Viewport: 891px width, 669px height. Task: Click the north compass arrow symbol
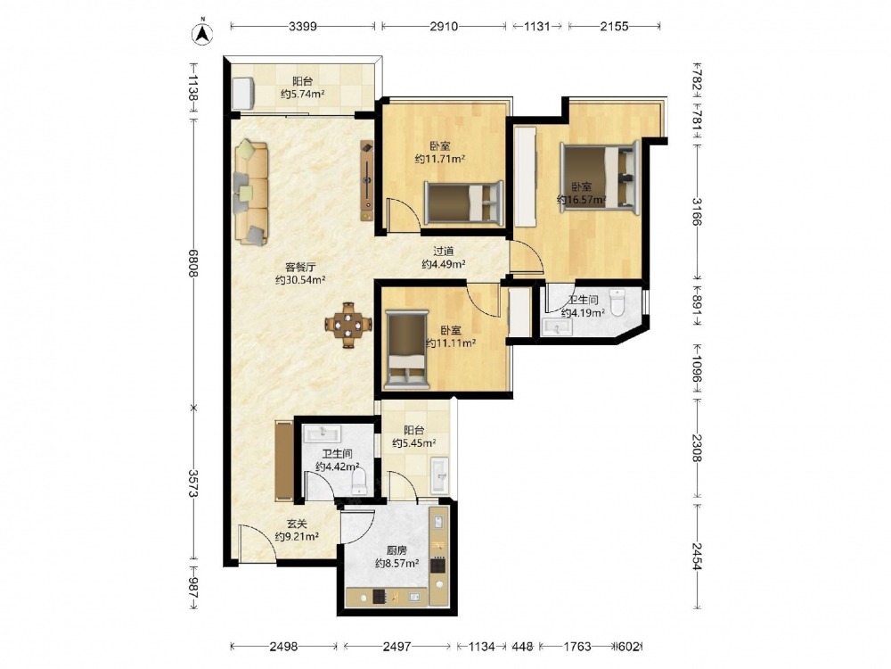coord(201,32)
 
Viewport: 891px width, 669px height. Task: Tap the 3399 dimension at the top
coord(302,26)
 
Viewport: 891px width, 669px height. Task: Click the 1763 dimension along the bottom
coord(576,646)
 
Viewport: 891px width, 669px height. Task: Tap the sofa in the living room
coord(251,193)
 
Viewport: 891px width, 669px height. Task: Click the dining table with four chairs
coord(348,325)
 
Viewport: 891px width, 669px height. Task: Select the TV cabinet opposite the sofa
coord(367,181)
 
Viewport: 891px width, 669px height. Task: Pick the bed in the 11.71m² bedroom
coord(463,202)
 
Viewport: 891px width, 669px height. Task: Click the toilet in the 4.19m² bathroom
coord(617,301)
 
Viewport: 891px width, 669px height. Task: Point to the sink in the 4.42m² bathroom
coord(323,434)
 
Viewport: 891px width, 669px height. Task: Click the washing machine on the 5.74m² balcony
coord(243,92)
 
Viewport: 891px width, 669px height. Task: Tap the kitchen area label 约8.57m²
coord(397,563)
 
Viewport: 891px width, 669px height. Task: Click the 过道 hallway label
coord(443,251)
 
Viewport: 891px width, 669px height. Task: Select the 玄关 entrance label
coord(296,524)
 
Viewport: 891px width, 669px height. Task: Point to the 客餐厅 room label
coord(300,267)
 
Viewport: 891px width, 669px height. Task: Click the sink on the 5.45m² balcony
coord(439,475)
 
